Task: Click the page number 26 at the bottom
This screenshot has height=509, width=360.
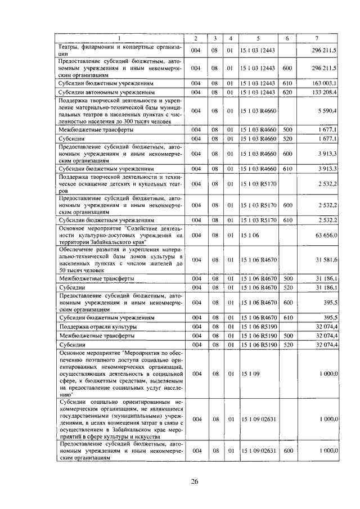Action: pos(195,481)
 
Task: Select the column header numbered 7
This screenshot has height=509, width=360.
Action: pos(317,38)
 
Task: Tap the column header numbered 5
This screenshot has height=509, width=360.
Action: pos(257,38)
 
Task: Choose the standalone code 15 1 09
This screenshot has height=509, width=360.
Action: pos(249,373)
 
